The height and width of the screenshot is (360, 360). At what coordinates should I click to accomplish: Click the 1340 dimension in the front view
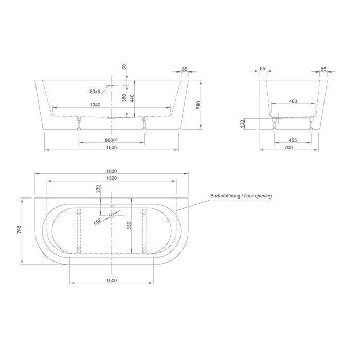pos(95,105)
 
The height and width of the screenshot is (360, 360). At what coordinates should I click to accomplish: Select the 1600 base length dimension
pos(112,147)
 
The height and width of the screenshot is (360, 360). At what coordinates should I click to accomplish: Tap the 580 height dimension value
pos(199,105)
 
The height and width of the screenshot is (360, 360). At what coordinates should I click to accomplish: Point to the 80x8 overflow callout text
pos(95,92)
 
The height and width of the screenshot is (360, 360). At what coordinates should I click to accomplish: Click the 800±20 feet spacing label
pos(111,140)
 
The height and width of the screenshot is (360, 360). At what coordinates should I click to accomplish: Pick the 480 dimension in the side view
pos(293,101)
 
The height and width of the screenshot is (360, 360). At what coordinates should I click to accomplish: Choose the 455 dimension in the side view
pos(293,140)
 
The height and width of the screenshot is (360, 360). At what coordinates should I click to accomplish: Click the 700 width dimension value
pos(289,147)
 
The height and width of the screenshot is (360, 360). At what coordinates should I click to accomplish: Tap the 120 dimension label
pos(242,123)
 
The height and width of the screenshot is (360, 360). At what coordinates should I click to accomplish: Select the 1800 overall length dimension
pos(112,171)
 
